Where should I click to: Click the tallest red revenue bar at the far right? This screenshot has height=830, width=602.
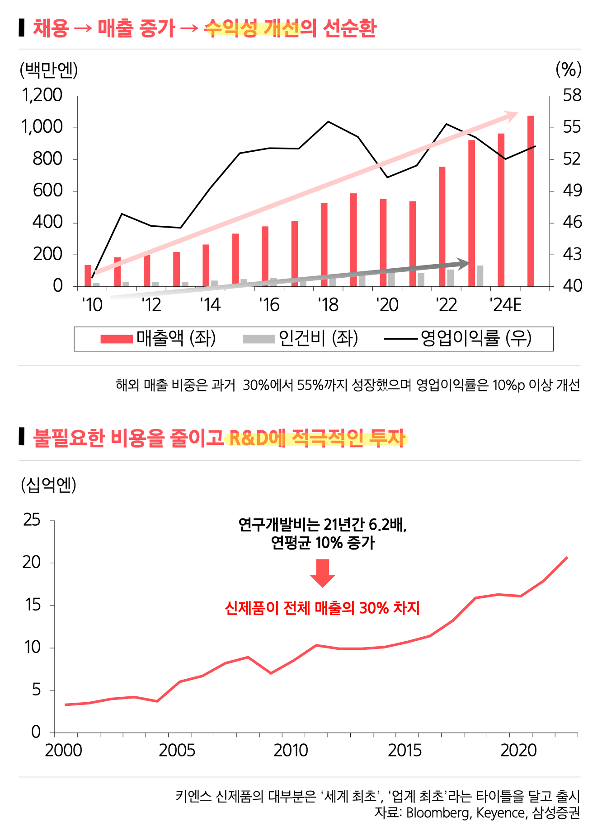point(531,201)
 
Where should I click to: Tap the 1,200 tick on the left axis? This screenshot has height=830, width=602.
point(42,95)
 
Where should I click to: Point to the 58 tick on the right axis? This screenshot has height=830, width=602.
point(572,95)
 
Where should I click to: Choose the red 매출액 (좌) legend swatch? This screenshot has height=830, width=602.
point(117,339)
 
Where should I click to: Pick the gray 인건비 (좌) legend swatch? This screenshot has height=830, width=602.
point(259,339)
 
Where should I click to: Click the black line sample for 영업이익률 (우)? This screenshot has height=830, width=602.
point(400,339)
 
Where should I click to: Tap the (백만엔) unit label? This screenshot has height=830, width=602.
point(49,70)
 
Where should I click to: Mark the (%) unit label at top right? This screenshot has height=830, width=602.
point(568,70)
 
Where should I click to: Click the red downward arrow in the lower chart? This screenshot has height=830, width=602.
point(322,573)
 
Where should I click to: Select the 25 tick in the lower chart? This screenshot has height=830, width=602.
point(32,520)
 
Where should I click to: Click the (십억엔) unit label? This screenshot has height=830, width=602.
point(48,485)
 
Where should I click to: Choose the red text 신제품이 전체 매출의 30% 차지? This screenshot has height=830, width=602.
point(322,608)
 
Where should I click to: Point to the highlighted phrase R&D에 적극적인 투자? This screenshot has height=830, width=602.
point(316,438)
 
